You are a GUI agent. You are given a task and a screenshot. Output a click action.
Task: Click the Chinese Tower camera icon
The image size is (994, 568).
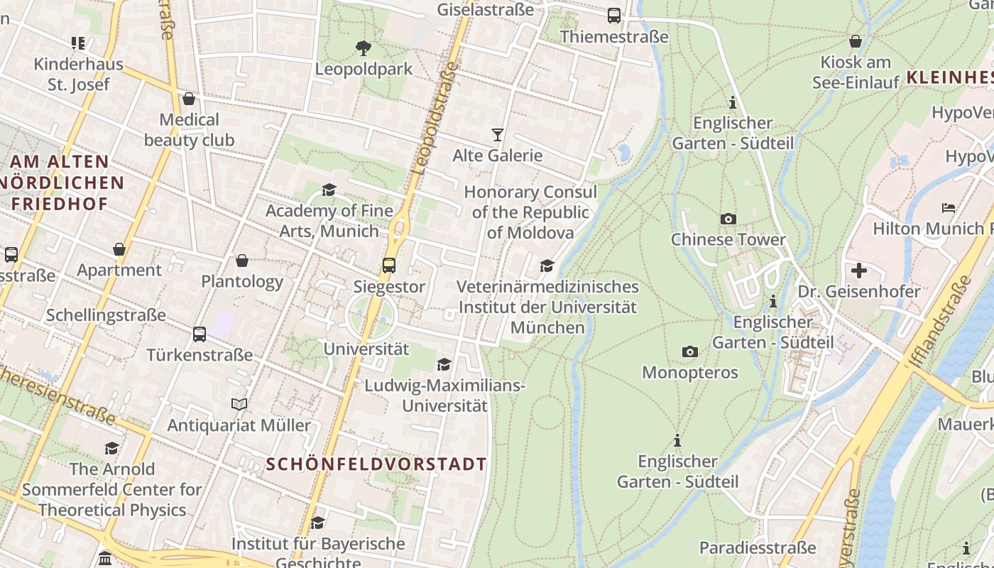coord(728,219)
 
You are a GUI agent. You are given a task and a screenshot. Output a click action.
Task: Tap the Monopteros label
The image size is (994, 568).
coord(689,372)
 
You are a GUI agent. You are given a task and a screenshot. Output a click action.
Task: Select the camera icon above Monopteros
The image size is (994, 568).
coord(689,351)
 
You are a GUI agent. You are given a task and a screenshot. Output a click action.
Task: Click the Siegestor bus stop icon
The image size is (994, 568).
coord(388,266)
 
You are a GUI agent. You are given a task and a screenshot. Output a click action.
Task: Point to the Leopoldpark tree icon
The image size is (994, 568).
coord(364,48)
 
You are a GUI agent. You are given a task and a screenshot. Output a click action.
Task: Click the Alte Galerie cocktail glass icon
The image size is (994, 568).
coord(497,134)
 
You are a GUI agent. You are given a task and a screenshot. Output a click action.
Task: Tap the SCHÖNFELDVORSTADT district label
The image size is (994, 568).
coord(376,464)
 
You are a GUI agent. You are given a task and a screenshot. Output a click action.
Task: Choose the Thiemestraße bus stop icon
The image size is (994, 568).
coord(613,16)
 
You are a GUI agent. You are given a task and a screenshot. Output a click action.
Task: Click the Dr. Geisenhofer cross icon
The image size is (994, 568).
coord(858,271)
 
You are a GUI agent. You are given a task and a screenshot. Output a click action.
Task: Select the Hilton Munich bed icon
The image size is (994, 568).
coord(948,208)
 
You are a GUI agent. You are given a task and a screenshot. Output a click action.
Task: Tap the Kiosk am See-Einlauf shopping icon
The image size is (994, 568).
coord(855,41)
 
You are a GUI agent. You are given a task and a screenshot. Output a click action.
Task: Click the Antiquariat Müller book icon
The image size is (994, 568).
coord(239,404)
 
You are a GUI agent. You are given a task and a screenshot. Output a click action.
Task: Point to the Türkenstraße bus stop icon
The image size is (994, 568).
coord(200,334)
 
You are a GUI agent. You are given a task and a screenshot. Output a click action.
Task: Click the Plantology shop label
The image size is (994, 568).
coord(242,281)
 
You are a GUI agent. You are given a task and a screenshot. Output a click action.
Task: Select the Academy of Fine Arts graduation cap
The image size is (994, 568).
coord(329,190)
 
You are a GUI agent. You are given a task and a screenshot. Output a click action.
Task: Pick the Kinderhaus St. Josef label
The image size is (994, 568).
coord(78,74)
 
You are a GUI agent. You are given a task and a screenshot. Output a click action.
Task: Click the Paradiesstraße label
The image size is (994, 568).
coord(757,547)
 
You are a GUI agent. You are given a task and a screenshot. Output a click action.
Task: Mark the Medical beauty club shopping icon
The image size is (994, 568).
coord(189,98)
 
